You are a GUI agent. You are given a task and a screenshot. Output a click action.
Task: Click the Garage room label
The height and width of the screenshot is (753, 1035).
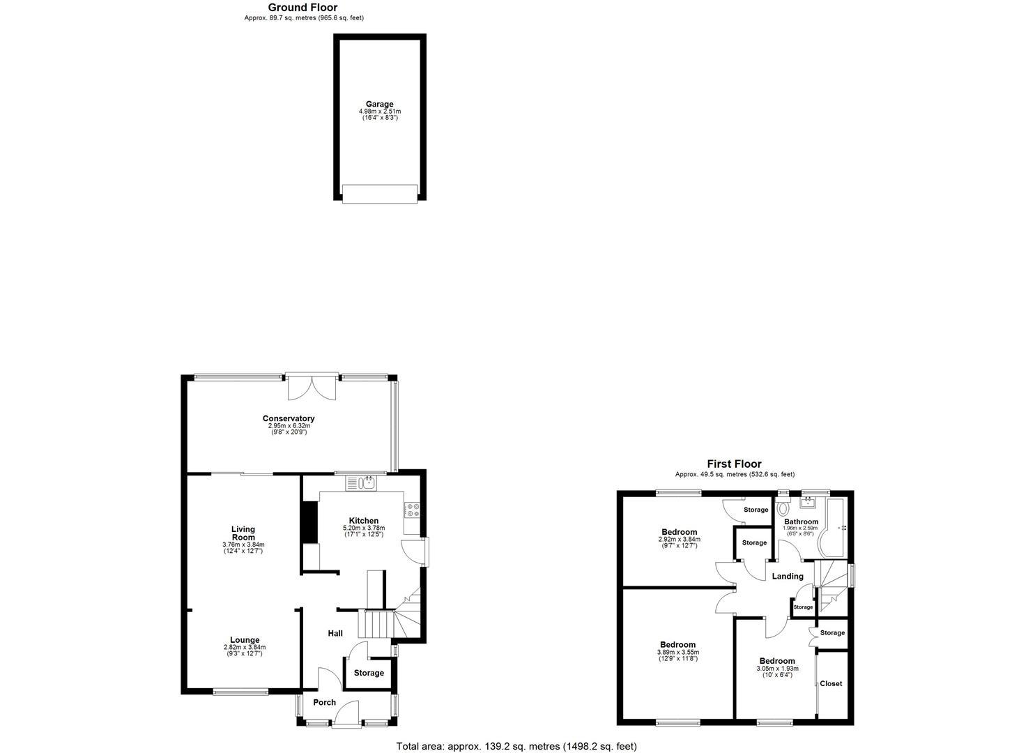380,105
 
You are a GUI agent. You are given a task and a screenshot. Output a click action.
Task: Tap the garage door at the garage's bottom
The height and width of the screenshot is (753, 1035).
380,193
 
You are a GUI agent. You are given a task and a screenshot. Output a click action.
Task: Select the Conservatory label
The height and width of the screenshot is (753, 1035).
289,419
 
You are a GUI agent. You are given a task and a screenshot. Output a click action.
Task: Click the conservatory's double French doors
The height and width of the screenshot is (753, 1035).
311,387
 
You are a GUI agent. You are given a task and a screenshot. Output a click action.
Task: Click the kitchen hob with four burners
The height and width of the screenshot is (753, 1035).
411,510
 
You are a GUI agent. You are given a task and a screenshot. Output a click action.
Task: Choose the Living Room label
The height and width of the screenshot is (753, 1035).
243,533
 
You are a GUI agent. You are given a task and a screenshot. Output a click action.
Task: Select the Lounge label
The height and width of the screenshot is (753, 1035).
245,640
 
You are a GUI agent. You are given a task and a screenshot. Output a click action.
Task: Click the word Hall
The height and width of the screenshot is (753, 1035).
335,633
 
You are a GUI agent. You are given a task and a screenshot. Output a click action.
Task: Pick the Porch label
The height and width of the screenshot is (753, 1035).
325,702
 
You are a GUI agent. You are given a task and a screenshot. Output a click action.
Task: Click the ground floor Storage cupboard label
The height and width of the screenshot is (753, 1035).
369,673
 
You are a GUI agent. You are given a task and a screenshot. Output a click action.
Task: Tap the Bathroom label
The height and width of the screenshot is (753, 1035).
801,522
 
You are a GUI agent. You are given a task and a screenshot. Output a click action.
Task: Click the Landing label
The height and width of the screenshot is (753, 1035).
788,577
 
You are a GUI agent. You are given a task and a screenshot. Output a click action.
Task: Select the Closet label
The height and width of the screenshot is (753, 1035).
831,683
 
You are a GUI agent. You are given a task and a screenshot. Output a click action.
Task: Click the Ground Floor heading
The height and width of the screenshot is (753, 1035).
302,8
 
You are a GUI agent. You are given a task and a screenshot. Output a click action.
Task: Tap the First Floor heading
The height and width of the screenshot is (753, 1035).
734,464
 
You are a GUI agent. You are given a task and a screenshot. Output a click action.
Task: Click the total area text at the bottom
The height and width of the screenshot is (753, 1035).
516,746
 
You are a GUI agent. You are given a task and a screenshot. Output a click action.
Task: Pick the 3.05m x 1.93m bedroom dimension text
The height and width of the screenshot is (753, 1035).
776,668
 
